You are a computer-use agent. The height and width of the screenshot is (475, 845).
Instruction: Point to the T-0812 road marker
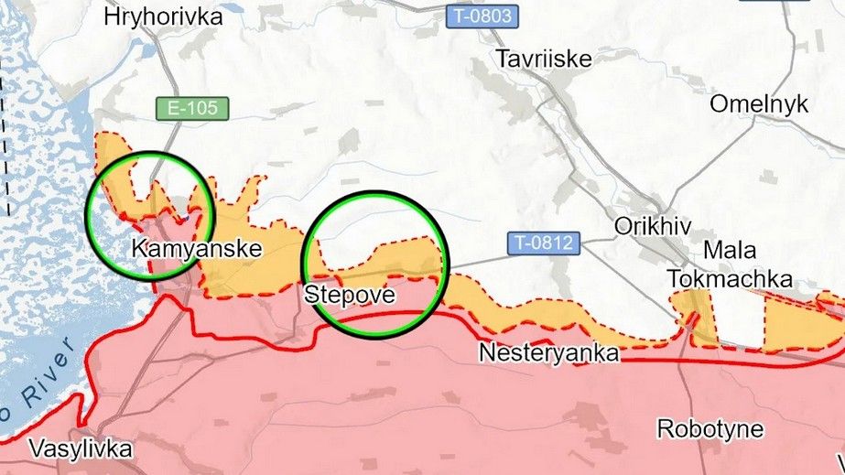(x=544, y=243)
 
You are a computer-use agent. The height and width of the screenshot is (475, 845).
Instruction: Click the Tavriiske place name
(x=544, y=59)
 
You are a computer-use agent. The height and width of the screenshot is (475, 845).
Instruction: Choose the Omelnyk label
(x=759, y=103)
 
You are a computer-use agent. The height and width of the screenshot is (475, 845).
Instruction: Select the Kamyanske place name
(x=197, y=248)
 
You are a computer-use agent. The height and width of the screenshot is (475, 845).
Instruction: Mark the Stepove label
(x=349, y=295)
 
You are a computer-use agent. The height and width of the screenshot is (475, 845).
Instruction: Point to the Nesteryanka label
(x=548, y=352)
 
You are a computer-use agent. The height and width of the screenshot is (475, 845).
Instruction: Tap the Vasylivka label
(x=81, y=449)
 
